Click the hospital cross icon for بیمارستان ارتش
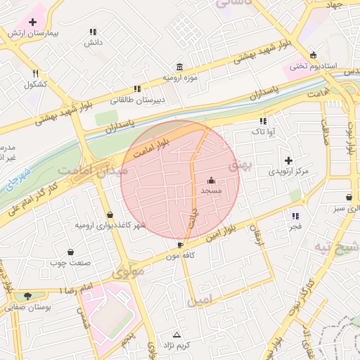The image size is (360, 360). tap(33, 22)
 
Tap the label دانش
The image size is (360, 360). tap(94, 43)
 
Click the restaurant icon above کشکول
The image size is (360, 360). tap(35, 73)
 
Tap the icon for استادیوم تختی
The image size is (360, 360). tap(313, 56)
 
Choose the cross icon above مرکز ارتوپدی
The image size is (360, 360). tap(288, 160)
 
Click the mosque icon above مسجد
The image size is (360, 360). tap(211, 180)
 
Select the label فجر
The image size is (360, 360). tap(294, 226)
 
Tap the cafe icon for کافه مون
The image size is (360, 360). tap(181, 245)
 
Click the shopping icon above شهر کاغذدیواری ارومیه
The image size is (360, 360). tap(110, 214)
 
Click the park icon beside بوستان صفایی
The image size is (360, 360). tap(27, 296)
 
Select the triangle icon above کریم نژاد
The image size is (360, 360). tap(176, 334)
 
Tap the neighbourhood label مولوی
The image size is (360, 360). tap(128, 271)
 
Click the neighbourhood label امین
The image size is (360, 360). tap(198, 301)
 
